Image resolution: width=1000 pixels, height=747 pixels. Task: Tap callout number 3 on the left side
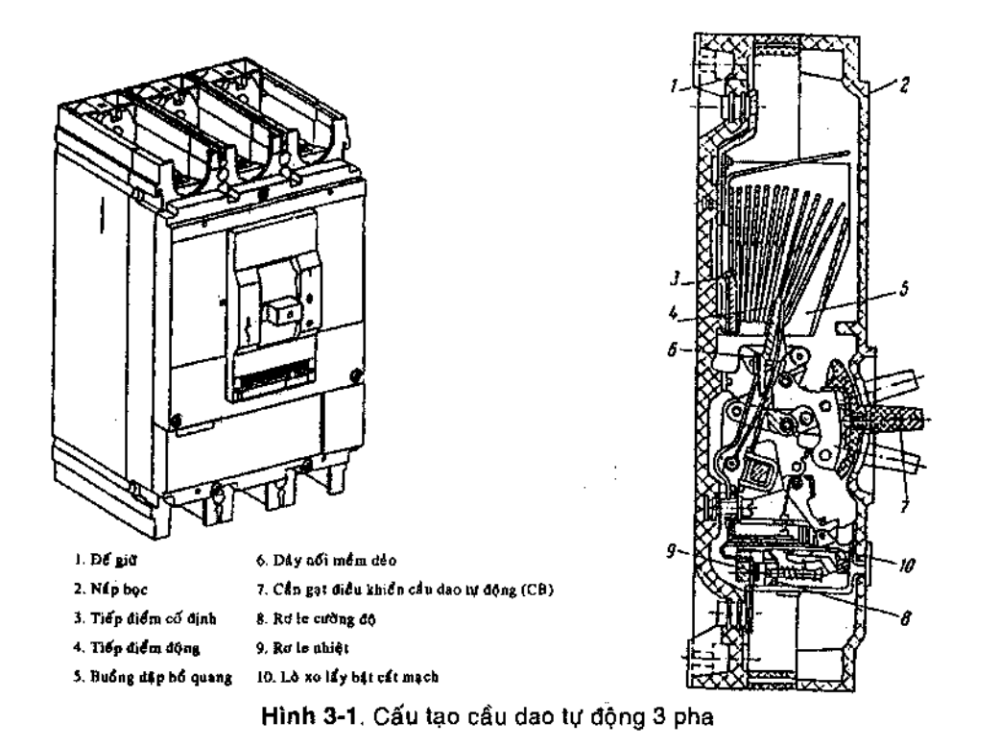[x=677, y=282]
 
